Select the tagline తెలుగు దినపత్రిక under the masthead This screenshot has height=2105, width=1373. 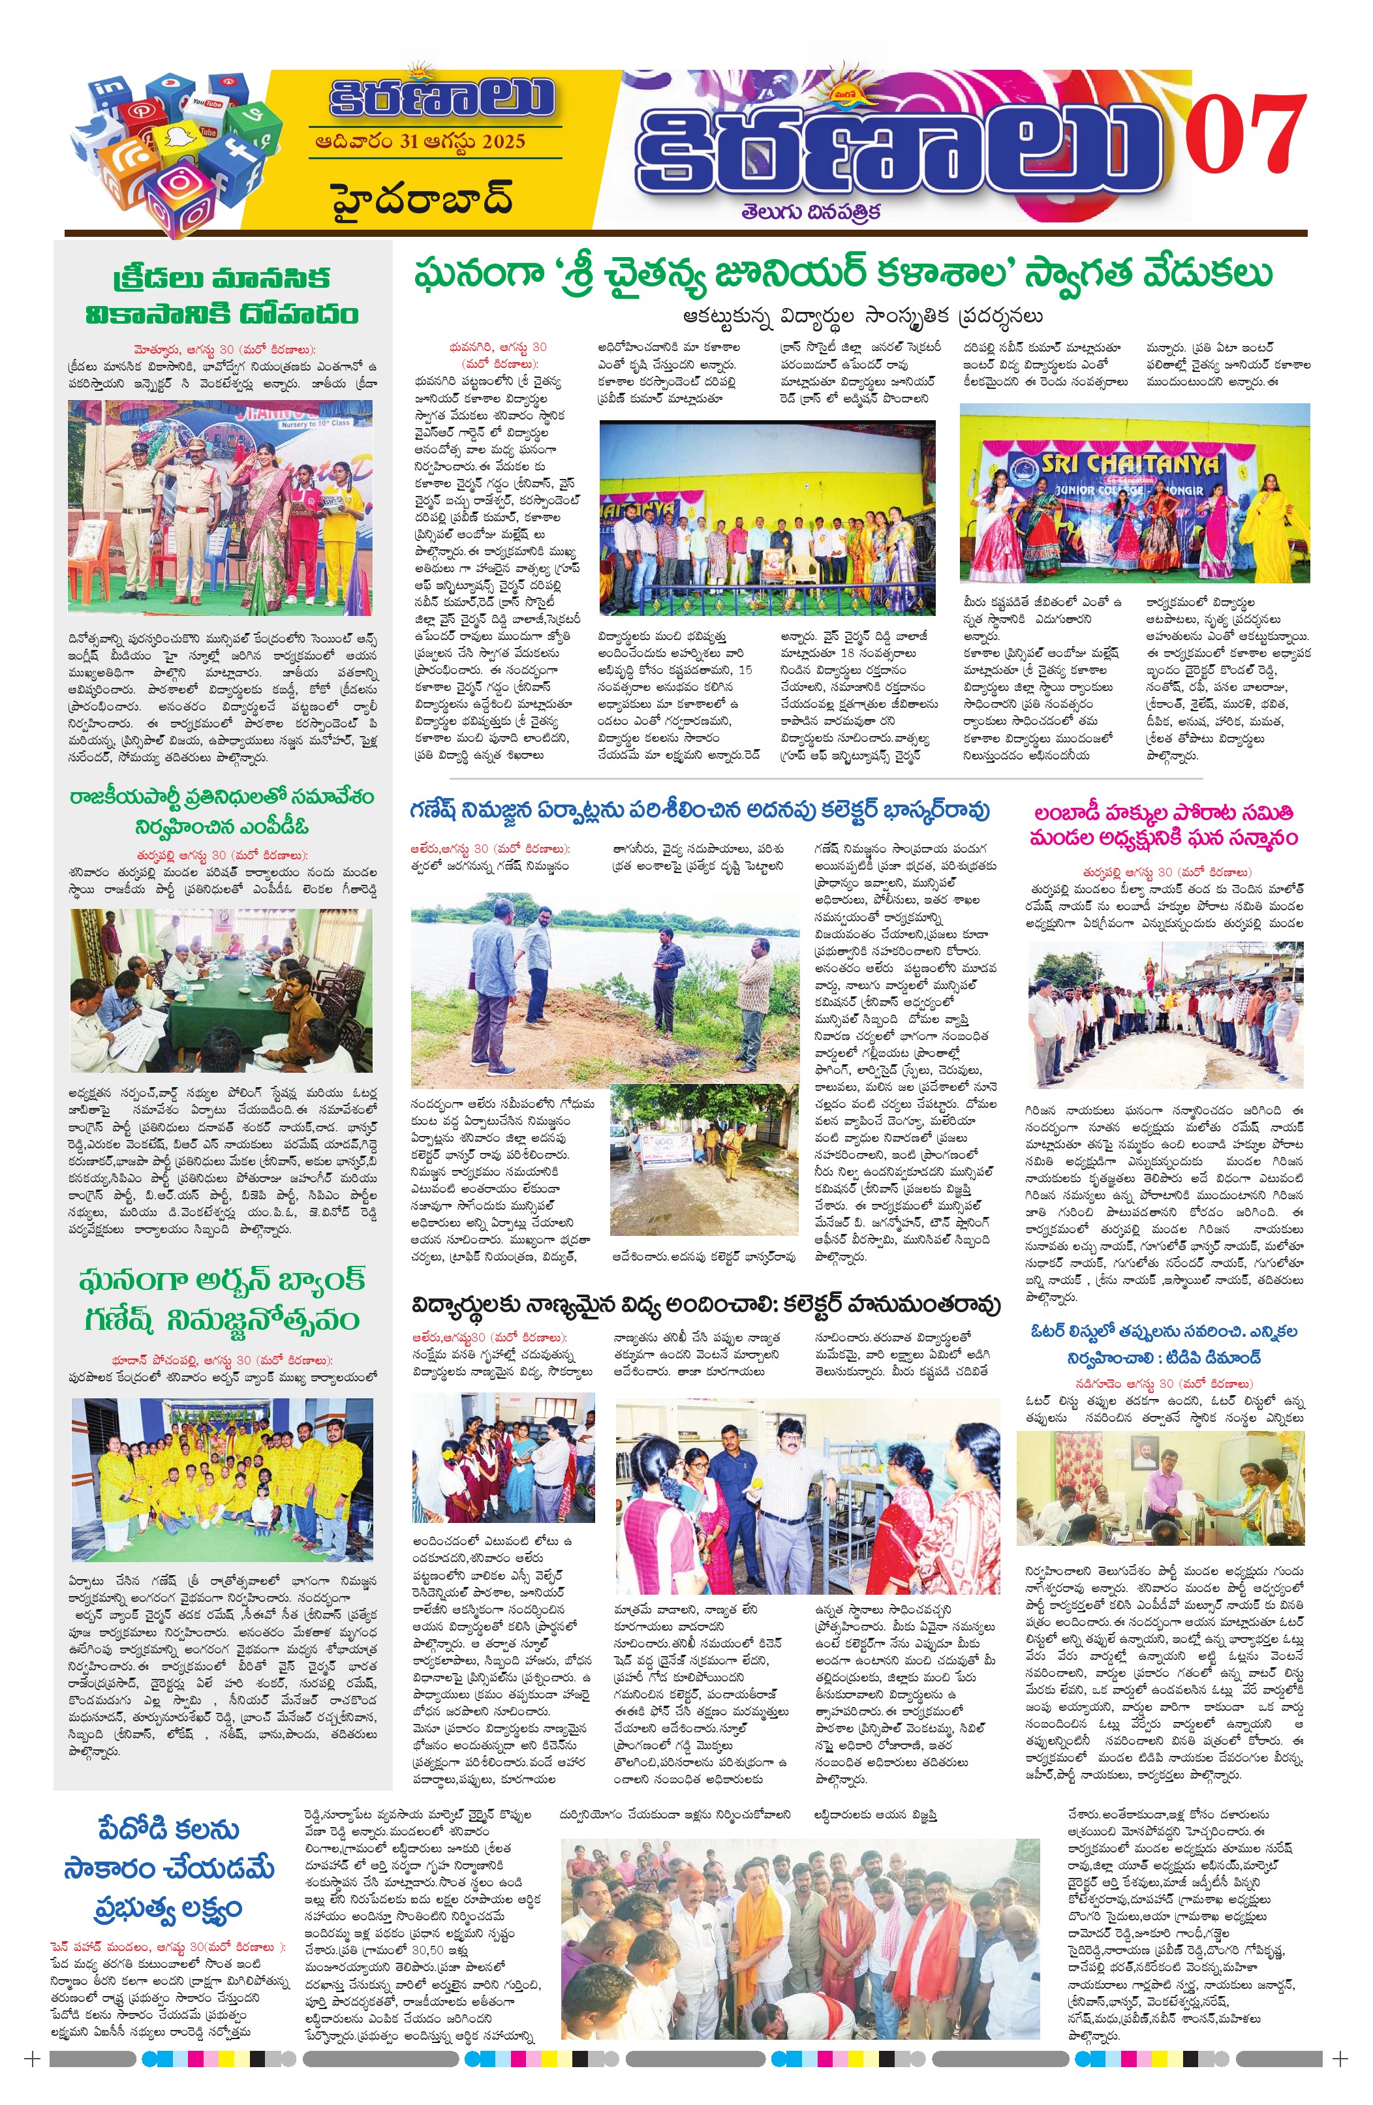click(x=811, y=211)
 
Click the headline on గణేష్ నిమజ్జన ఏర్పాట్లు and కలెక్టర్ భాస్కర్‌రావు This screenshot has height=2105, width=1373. click(x=699, y=810)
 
